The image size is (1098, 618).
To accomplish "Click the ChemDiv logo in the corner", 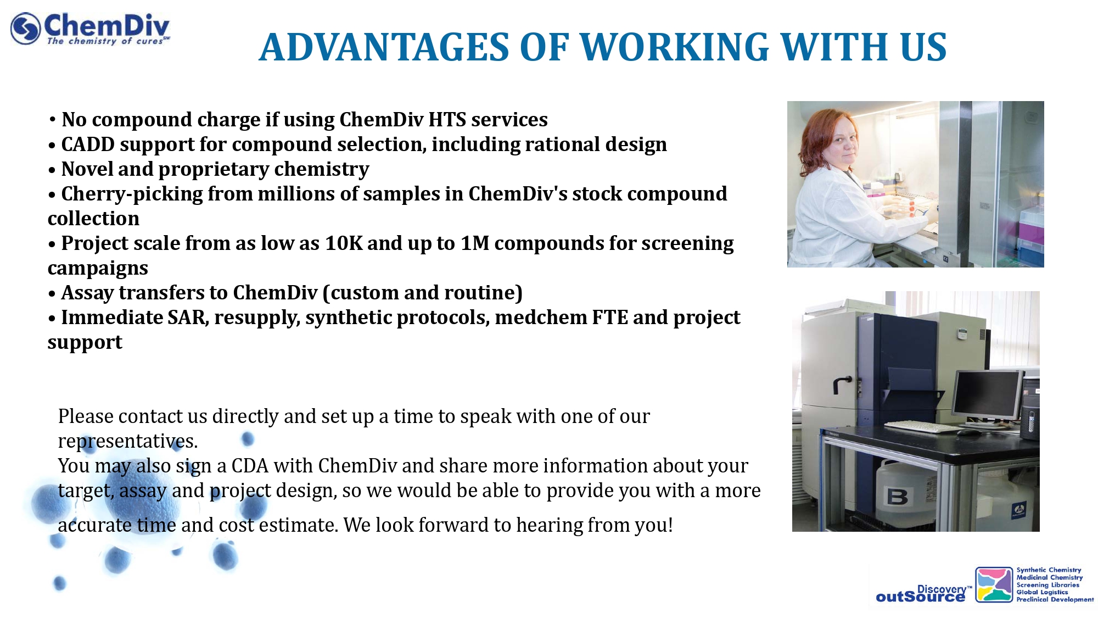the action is coord(91,29).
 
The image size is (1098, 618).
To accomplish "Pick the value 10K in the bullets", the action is coord(344,243).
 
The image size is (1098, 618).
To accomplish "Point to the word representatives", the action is coord(128,442).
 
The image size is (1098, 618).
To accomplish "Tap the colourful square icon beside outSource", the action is coord(994,584).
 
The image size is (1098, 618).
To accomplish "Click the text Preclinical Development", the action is coord(1055,599).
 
